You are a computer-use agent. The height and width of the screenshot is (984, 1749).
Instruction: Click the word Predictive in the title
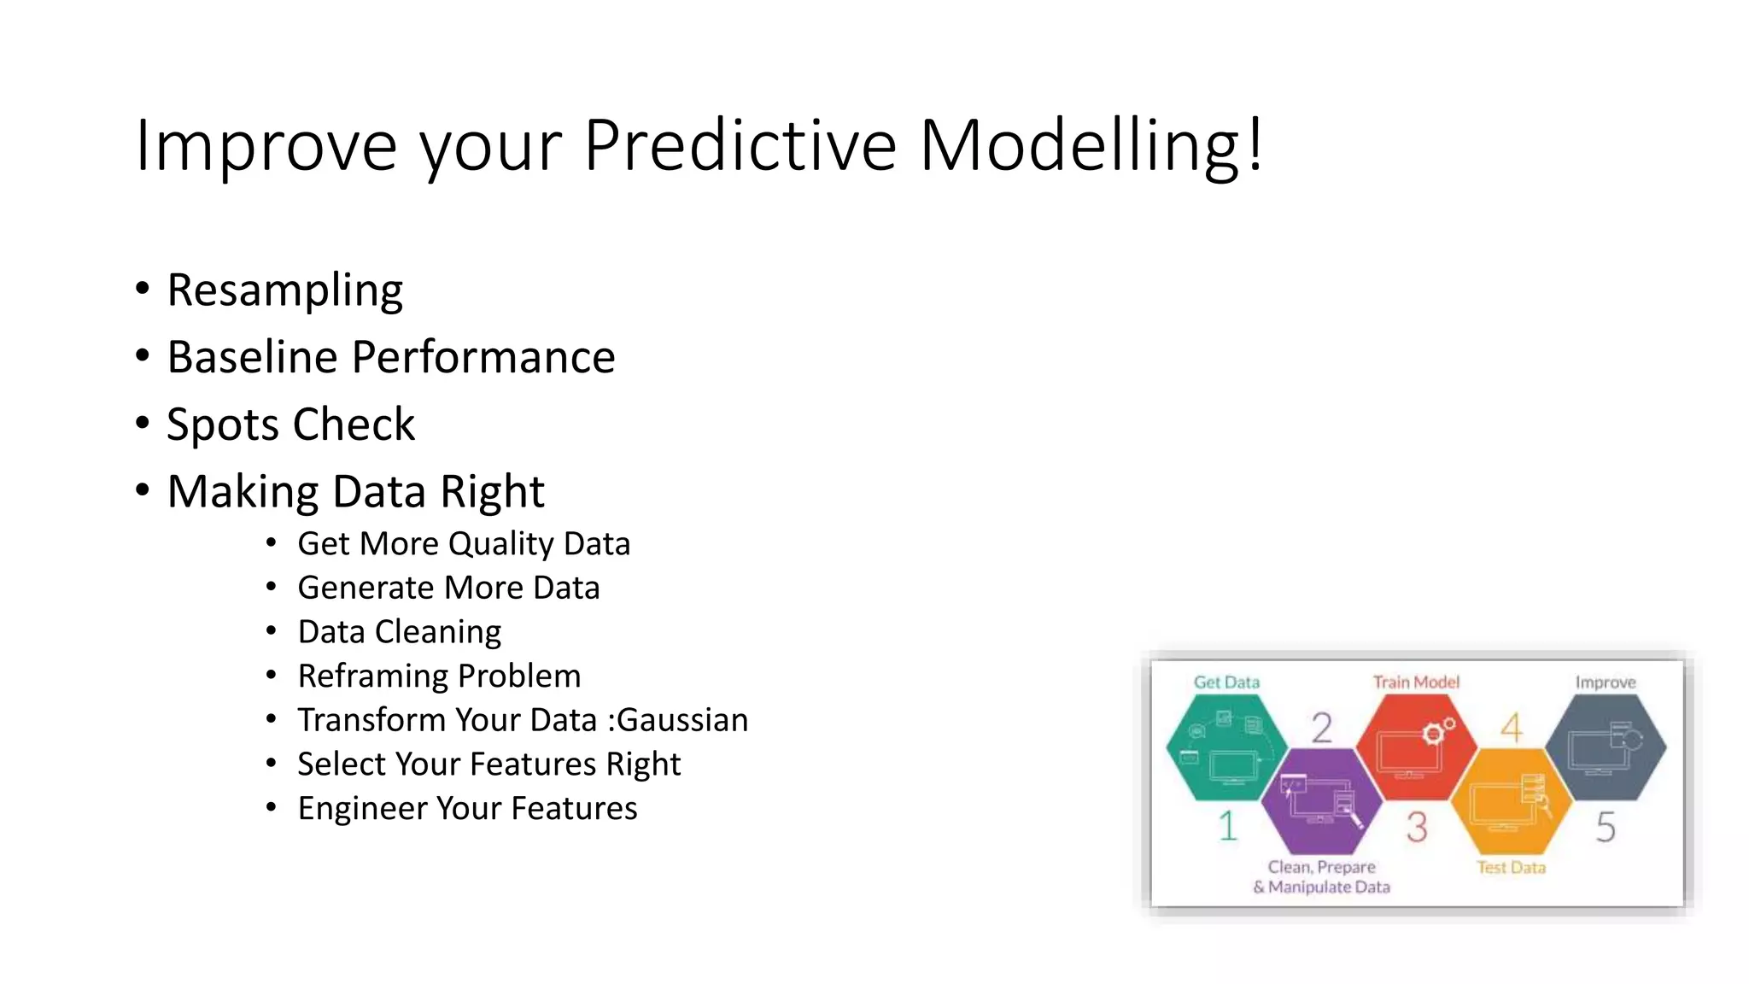tap(740, 145)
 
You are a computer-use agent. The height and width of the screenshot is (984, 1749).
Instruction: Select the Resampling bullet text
tap(284, 290)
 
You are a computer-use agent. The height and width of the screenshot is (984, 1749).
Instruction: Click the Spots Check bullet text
tap(290, 425)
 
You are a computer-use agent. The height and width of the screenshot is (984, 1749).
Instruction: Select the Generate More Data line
tap(448, 589)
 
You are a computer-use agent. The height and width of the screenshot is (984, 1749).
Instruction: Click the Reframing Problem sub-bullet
tap(439, 676)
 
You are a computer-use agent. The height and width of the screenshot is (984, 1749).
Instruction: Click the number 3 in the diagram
tap(1417, 827)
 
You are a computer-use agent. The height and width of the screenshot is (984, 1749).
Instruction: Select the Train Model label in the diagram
tap(1416, 682)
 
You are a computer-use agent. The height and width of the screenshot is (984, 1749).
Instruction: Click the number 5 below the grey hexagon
tap(1606, 827)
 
